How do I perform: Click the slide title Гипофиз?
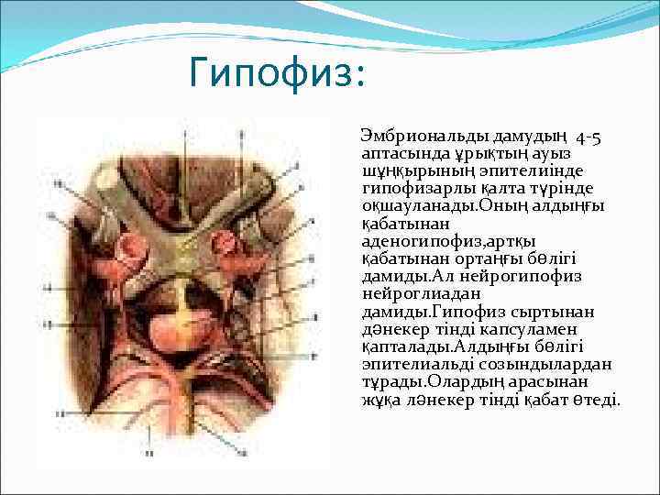click(276, 72)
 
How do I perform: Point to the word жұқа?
click(379, 400)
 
